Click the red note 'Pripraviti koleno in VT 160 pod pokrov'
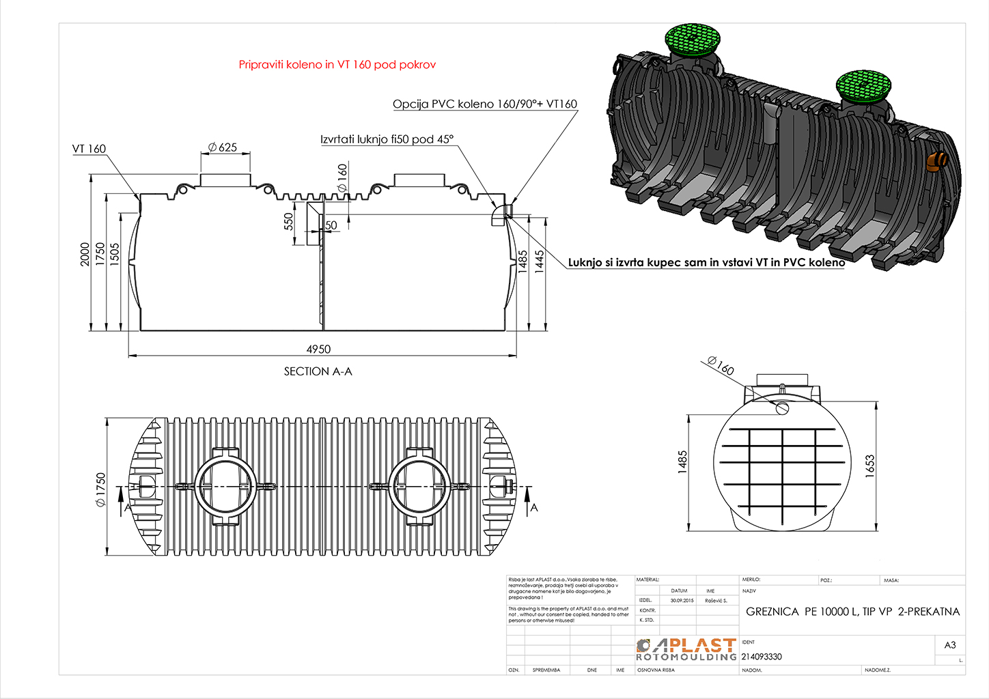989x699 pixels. [337, 65]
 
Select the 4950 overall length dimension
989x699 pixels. [318, 349]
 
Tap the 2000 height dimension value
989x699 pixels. [85, 254]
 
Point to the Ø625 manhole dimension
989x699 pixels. [223, 147]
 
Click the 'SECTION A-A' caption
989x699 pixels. [318, 371]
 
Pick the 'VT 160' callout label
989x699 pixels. [89, 149]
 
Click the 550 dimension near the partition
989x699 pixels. [288, 221]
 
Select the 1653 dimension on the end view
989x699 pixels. [869, 466]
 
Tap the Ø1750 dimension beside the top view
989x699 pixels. [101, 489]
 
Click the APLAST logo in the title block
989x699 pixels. [686, 649]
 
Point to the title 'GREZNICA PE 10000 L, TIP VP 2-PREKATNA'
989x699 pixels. [852, 612]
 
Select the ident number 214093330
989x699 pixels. [762, 657]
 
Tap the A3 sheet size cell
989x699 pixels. [950, 645]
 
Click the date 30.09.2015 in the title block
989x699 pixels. [682, 601]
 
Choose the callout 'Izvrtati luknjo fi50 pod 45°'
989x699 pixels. [387, 139]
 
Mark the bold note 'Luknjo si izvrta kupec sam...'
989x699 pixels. [706, 262]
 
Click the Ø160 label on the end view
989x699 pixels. [721, 367]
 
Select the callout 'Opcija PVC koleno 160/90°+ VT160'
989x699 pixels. [484, 104]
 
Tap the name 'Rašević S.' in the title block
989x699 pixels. [716, 601]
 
